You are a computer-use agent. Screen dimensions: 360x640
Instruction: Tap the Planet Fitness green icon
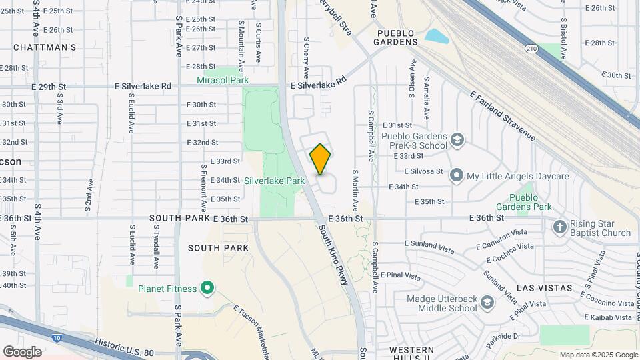pos(207,289)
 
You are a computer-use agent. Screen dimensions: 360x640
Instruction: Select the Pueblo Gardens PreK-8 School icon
pos(457,140)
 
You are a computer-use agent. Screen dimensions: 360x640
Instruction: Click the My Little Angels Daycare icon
pos(457,176)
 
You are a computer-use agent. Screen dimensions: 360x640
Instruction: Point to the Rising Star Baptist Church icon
pos(560,227)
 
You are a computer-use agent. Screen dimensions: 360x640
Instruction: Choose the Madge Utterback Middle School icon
pos(487,303)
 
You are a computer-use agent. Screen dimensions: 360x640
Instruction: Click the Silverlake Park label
pos(274,181)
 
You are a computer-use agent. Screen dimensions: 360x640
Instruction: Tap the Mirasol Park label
pos(223,80)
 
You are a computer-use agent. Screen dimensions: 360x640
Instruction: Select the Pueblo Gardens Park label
pos(531,202)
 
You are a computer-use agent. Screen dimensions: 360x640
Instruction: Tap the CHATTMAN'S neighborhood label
pos(45,47)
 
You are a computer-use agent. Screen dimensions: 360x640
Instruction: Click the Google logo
pos(22,351)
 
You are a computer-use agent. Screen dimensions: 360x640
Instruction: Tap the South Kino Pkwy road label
pos(334,254)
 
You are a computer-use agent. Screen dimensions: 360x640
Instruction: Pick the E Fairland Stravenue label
pos(503,116)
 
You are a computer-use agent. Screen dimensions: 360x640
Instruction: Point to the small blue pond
pos(437,36)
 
